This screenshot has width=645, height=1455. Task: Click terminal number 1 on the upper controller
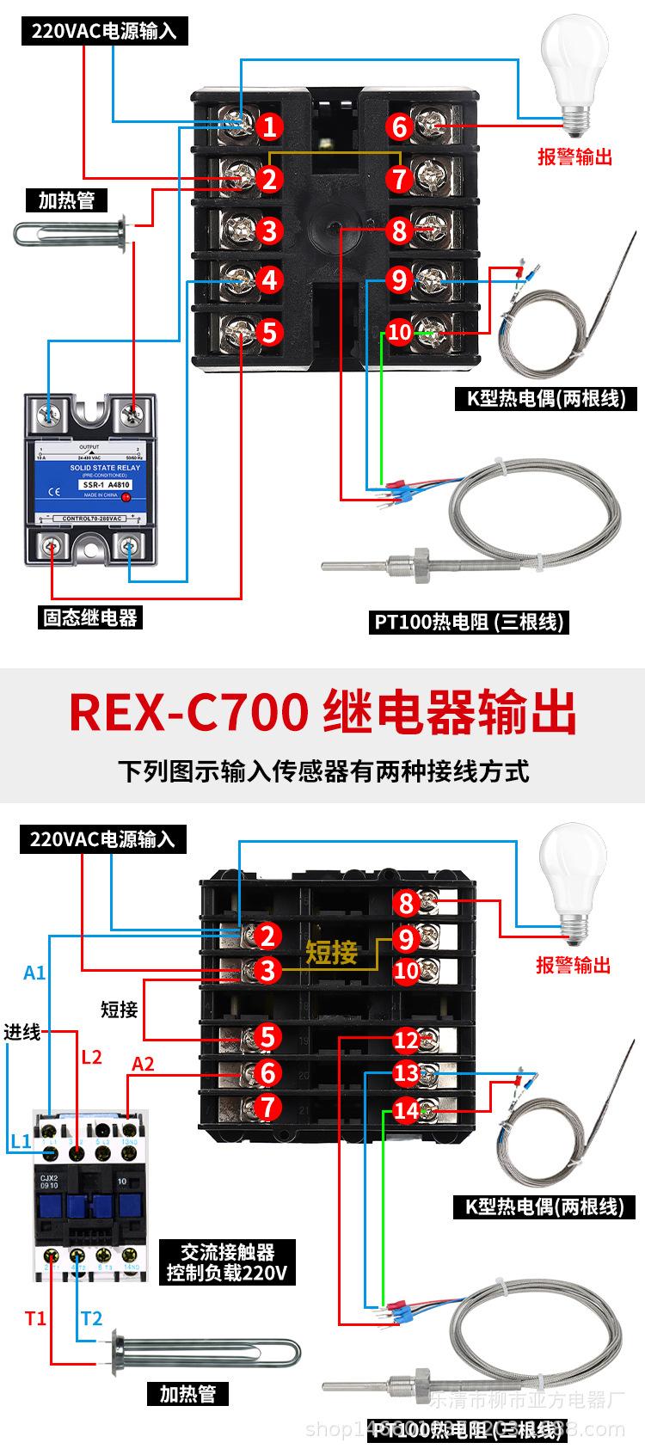269,128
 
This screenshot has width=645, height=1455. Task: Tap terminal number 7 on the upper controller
399,179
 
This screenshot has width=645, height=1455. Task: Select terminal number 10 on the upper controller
400,332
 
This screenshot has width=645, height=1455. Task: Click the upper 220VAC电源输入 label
104,32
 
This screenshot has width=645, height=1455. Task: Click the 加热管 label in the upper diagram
66,201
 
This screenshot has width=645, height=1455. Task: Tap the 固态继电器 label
90,617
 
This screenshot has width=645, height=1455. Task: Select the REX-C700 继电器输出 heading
322,713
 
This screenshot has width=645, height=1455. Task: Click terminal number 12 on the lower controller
406,1041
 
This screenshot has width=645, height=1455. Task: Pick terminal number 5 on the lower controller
268,1037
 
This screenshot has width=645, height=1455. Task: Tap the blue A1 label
34,973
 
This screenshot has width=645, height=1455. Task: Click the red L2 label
91,1057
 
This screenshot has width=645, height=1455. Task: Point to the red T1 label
35,1318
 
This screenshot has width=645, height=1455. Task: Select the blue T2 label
91,1318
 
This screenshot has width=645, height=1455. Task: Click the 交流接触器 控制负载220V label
227,1262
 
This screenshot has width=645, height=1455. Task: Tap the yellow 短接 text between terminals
331,953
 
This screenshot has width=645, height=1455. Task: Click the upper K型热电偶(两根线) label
546,399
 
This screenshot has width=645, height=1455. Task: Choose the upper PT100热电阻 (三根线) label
470,622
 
